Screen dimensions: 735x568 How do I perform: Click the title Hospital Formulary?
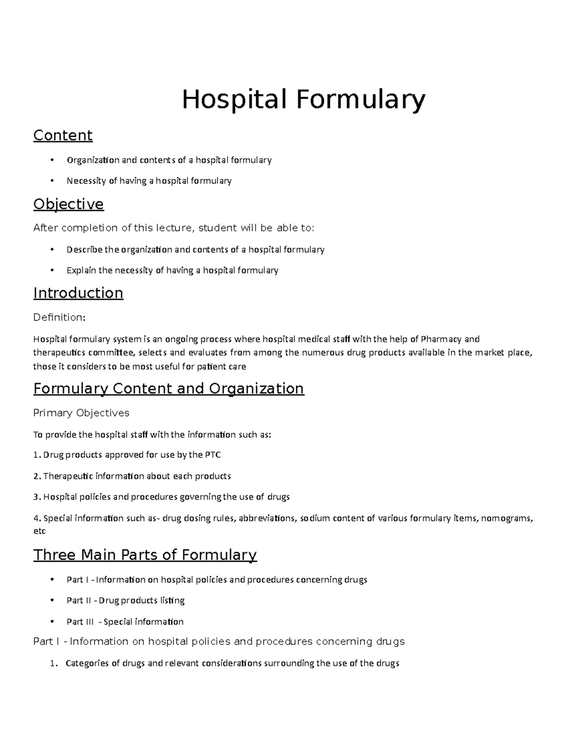[304, 100]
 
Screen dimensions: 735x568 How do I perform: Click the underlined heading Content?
[62, 135]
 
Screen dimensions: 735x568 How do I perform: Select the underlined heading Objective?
[68, 204]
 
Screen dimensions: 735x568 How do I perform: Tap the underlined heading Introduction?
[78, 293]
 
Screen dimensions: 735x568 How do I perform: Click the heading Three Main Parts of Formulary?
[145, 555]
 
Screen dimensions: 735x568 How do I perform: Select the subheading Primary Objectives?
[81, 413]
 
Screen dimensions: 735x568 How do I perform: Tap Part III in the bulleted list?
[80, 622]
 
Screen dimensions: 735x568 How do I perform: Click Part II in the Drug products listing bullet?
[79, 601]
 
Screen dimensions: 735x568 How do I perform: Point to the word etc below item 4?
[39, 531]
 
